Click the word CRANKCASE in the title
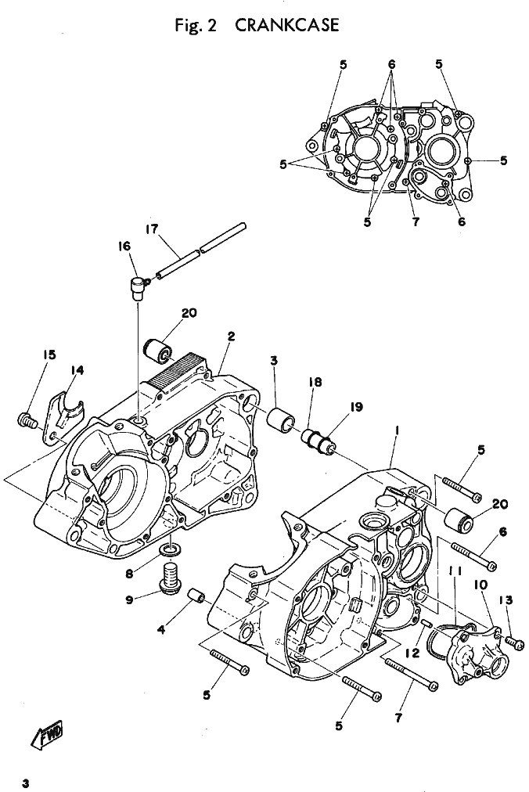pos(287,25)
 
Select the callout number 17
pos(152,230)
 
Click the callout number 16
pos(124,246)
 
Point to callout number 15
pos(49,355)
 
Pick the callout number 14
pos(77,371)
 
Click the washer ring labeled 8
pos(171,549)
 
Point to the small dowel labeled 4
pos(196,596)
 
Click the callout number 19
pos(357,407)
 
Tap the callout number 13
pos(506,600)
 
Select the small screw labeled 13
pos(514,642)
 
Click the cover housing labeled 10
pos(477,655)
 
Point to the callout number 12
pos(412,653)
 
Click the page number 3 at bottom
pos(25,783)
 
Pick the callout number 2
pos(231,337)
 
